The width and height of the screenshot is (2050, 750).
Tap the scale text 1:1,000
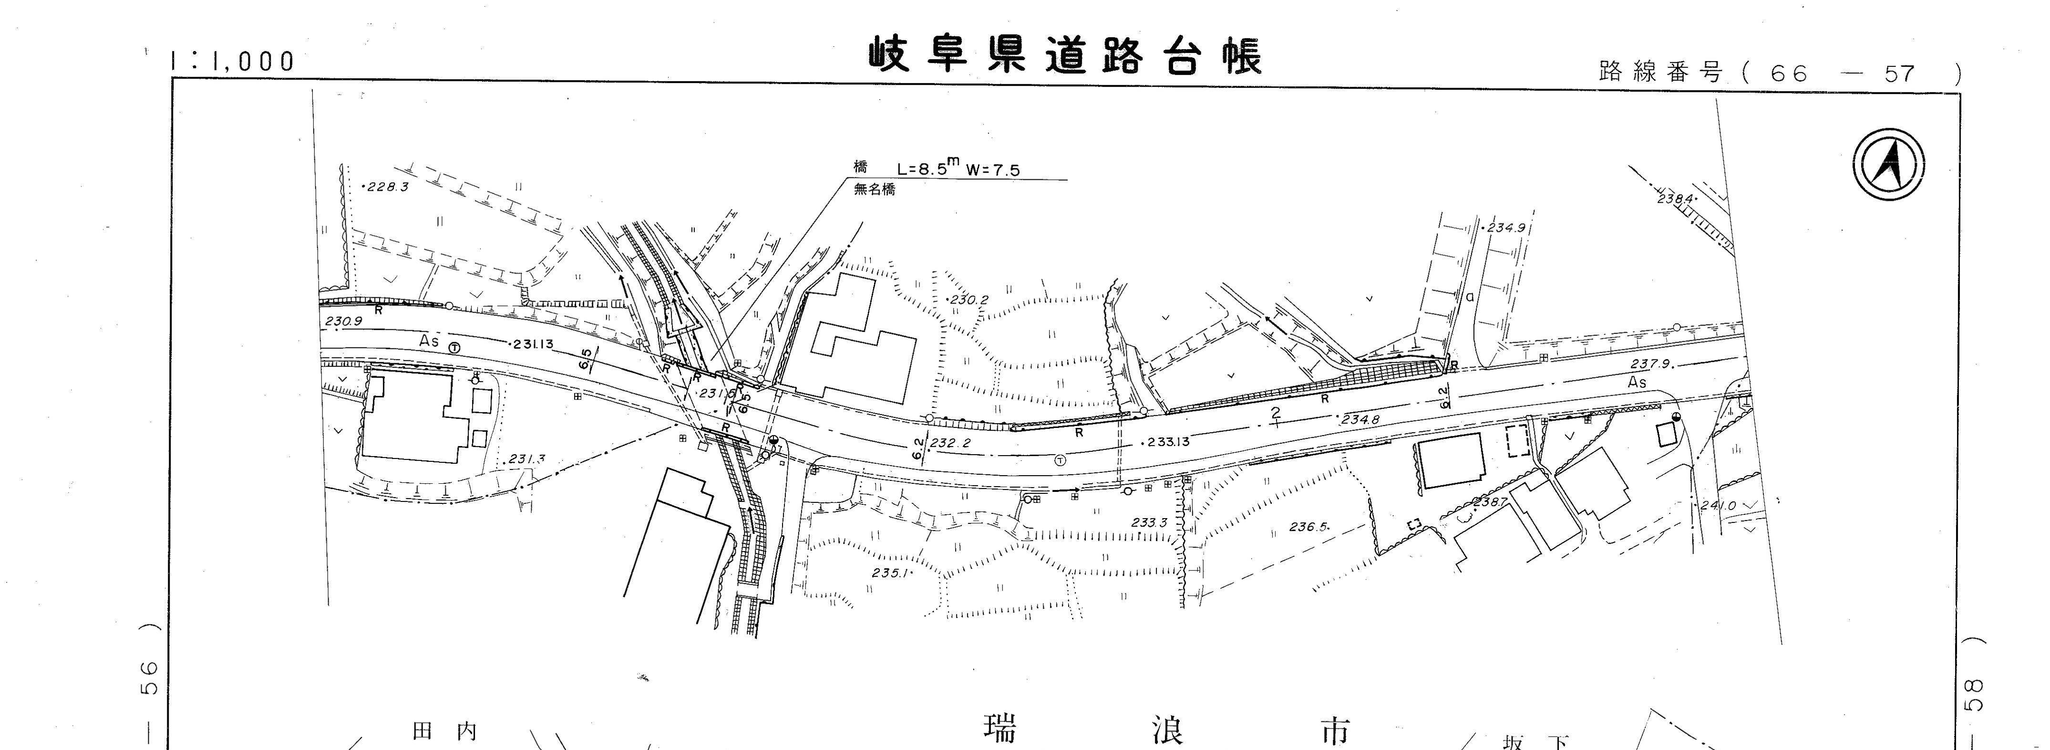coord(232,61)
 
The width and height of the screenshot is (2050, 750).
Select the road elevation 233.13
coord(1167,442)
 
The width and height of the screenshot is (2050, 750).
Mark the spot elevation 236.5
coord(1308,526)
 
